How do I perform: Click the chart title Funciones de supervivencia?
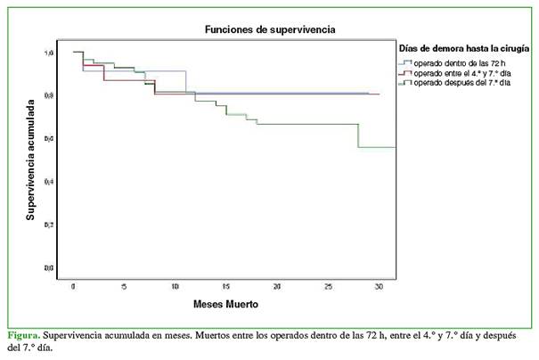[270, 29]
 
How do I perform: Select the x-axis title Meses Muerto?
[226, 304]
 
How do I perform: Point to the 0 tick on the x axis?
[73, 287]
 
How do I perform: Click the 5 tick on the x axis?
[124, 287]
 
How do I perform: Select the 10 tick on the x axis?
[176, 287]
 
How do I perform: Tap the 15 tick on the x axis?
[226, 287]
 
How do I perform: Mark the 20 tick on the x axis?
[278, 287]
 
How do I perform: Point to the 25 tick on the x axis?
[329, 287]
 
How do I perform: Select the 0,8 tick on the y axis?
[49, 95]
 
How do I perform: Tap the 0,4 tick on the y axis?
[49, 181]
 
